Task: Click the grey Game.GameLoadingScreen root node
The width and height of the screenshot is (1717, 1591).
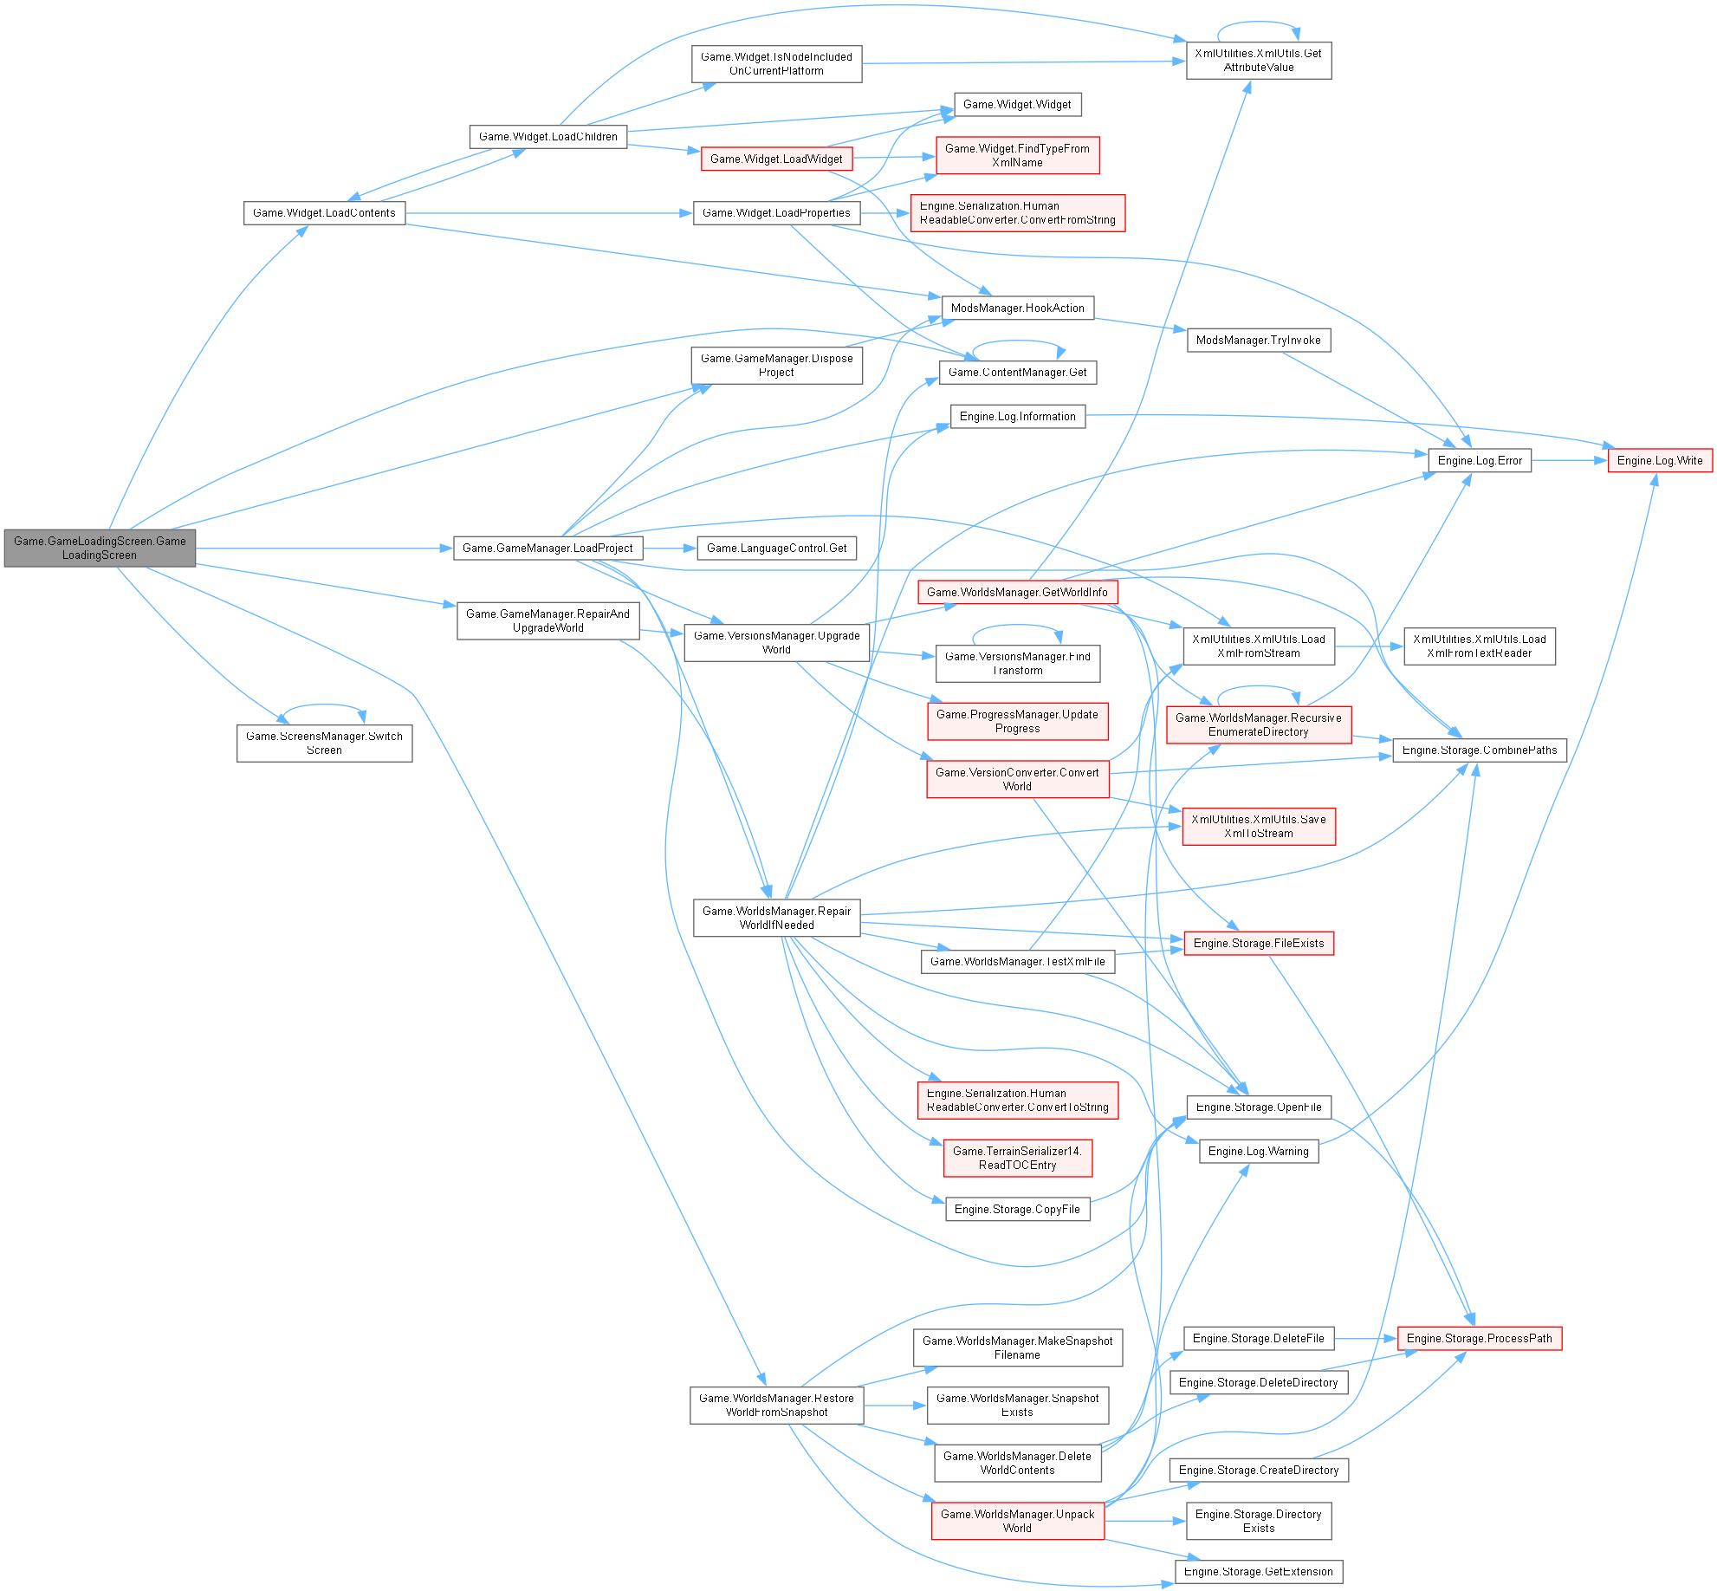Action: click(x=100, y=548)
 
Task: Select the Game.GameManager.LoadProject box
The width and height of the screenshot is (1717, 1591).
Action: click(x=547, y=548)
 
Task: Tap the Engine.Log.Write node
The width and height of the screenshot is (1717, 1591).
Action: click(x=1659, y=460)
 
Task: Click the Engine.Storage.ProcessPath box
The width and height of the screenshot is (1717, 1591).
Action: click(x=1479, y=1338)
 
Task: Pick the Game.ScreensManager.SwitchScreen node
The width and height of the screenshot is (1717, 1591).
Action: click(x=324, y=743)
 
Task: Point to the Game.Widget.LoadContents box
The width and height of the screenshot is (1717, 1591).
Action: click(x=324, y=212)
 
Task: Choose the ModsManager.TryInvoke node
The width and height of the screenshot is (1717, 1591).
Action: click(x=1258, y=340)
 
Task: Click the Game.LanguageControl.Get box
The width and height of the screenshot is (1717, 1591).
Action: click(x=776, y=548)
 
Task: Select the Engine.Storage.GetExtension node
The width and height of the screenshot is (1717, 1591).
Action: click(x=1258, y=1571)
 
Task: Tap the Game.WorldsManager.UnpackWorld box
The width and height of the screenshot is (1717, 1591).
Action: click(x=1017, y=1520)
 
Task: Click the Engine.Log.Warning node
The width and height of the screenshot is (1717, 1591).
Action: click(x=1258, y=1151)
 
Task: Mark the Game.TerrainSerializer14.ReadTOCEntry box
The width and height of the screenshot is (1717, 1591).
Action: click(x=1017, y=1158)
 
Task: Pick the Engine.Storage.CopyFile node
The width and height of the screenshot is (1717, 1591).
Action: click(x=1017, y=1209)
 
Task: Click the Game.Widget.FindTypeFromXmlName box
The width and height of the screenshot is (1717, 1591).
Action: click(x=1017, y=155)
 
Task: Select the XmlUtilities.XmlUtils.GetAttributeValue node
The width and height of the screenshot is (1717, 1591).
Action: click(x=1258, y=60)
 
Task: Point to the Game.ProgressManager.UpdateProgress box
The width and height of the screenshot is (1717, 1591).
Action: click(x=1017, y=721)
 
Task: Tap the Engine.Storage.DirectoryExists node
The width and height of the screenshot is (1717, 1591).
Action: click(x=1258, y=1520)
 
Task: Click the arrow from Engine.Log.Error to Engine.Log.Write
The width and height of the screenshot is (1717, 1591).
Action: click(x=1569, y=460)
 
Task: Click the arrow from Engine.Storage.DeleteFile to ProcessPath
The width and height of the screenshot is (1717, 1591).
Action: click(x=1365, y=1338)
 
